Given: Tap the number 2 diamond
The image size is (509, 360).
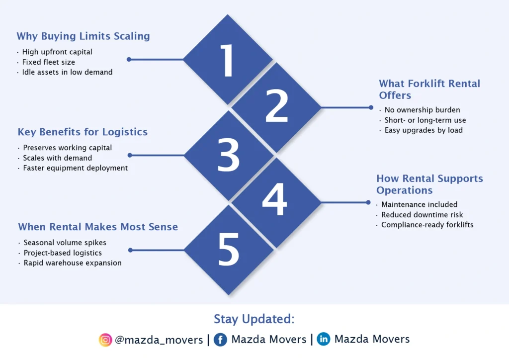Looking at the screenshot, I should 276,107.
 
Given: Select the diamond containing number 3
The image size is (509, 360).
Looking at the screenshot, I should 229,155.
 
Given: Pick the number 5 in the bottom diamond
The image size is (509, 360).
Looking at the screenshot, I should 229,250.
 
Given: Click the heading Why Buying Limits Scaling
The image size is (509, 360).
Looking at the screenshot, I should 83,36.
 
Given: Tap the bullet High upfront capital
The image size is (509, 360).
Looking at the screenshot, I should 57,52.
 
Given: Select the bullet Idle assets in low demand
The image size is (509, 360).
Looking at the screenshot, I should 67,72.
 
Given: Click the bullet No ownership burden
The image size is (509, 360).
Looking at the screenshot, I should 422,110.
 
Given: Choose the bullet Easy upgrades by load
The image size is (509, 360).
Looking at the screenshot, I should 424,130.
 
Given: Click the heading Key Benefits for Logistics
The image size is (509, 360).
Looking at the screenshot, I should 83,132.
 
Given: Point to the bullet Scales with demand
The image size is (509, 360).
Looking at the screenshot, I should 57,158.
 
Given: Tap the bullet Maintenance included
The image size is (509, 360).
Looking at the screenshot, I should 419,204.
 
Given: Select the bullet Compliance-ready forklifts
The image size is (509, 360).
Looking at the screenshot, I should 427,225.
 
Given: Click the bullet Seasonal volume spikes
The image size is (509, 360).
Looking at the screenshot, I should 65,243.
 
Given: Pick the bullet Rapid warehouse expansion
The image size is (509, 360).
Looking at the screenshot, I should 72,263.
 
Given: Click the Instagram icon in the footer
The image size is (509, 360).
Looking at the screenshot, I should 105,340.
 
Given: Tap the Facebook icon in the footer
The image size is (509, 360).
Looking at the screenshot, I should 221,340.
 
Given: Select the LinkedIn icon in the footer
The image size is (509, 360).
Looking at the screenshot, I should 324,340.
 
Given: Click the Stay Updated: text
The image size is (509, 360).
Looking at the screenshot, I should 254,319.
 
